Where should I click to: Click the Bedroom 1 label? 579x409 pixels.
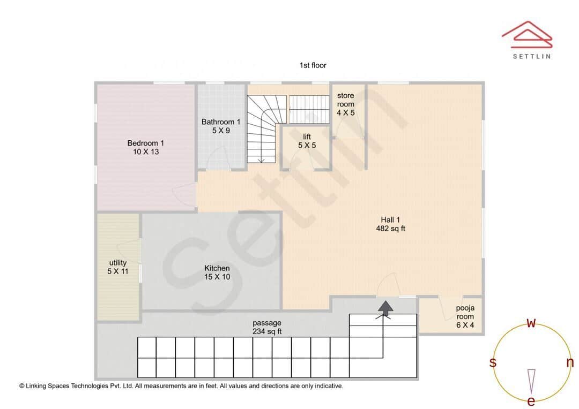coord(146,147)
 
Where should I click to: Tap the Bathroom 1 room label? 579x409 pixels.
coord(221,126)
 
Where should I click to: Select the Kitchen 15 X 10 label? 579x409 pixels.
coord(217,272)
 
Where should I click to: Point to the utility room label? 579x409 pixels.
coord(118,267)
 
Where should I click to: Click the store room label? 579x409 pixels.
coord(345,104)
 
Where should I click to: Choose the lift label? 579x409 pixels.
coord(307,141)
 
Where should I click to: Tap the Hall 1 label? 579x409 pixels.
coord(390,224)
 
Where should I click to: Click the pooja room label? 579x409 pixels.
coord(465,316)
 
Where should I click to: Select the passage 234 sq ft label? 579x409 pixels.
coord(267,327)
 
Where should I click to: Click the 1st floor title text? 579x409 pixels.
coord(313,65)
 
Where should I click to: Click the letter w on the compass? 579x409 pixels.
coord(531,323)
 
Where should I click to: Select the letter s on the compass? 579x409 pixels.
coord(493,362)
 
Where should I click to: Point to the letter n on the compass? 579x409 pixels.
coord(570,362)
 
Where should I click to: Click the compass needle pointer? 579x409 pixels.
coord(531,380)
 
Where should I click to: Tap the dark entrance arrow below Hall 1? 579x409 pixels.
coord(385,307)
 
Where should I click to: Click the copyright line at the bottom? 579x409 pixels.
coord(181,385)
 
